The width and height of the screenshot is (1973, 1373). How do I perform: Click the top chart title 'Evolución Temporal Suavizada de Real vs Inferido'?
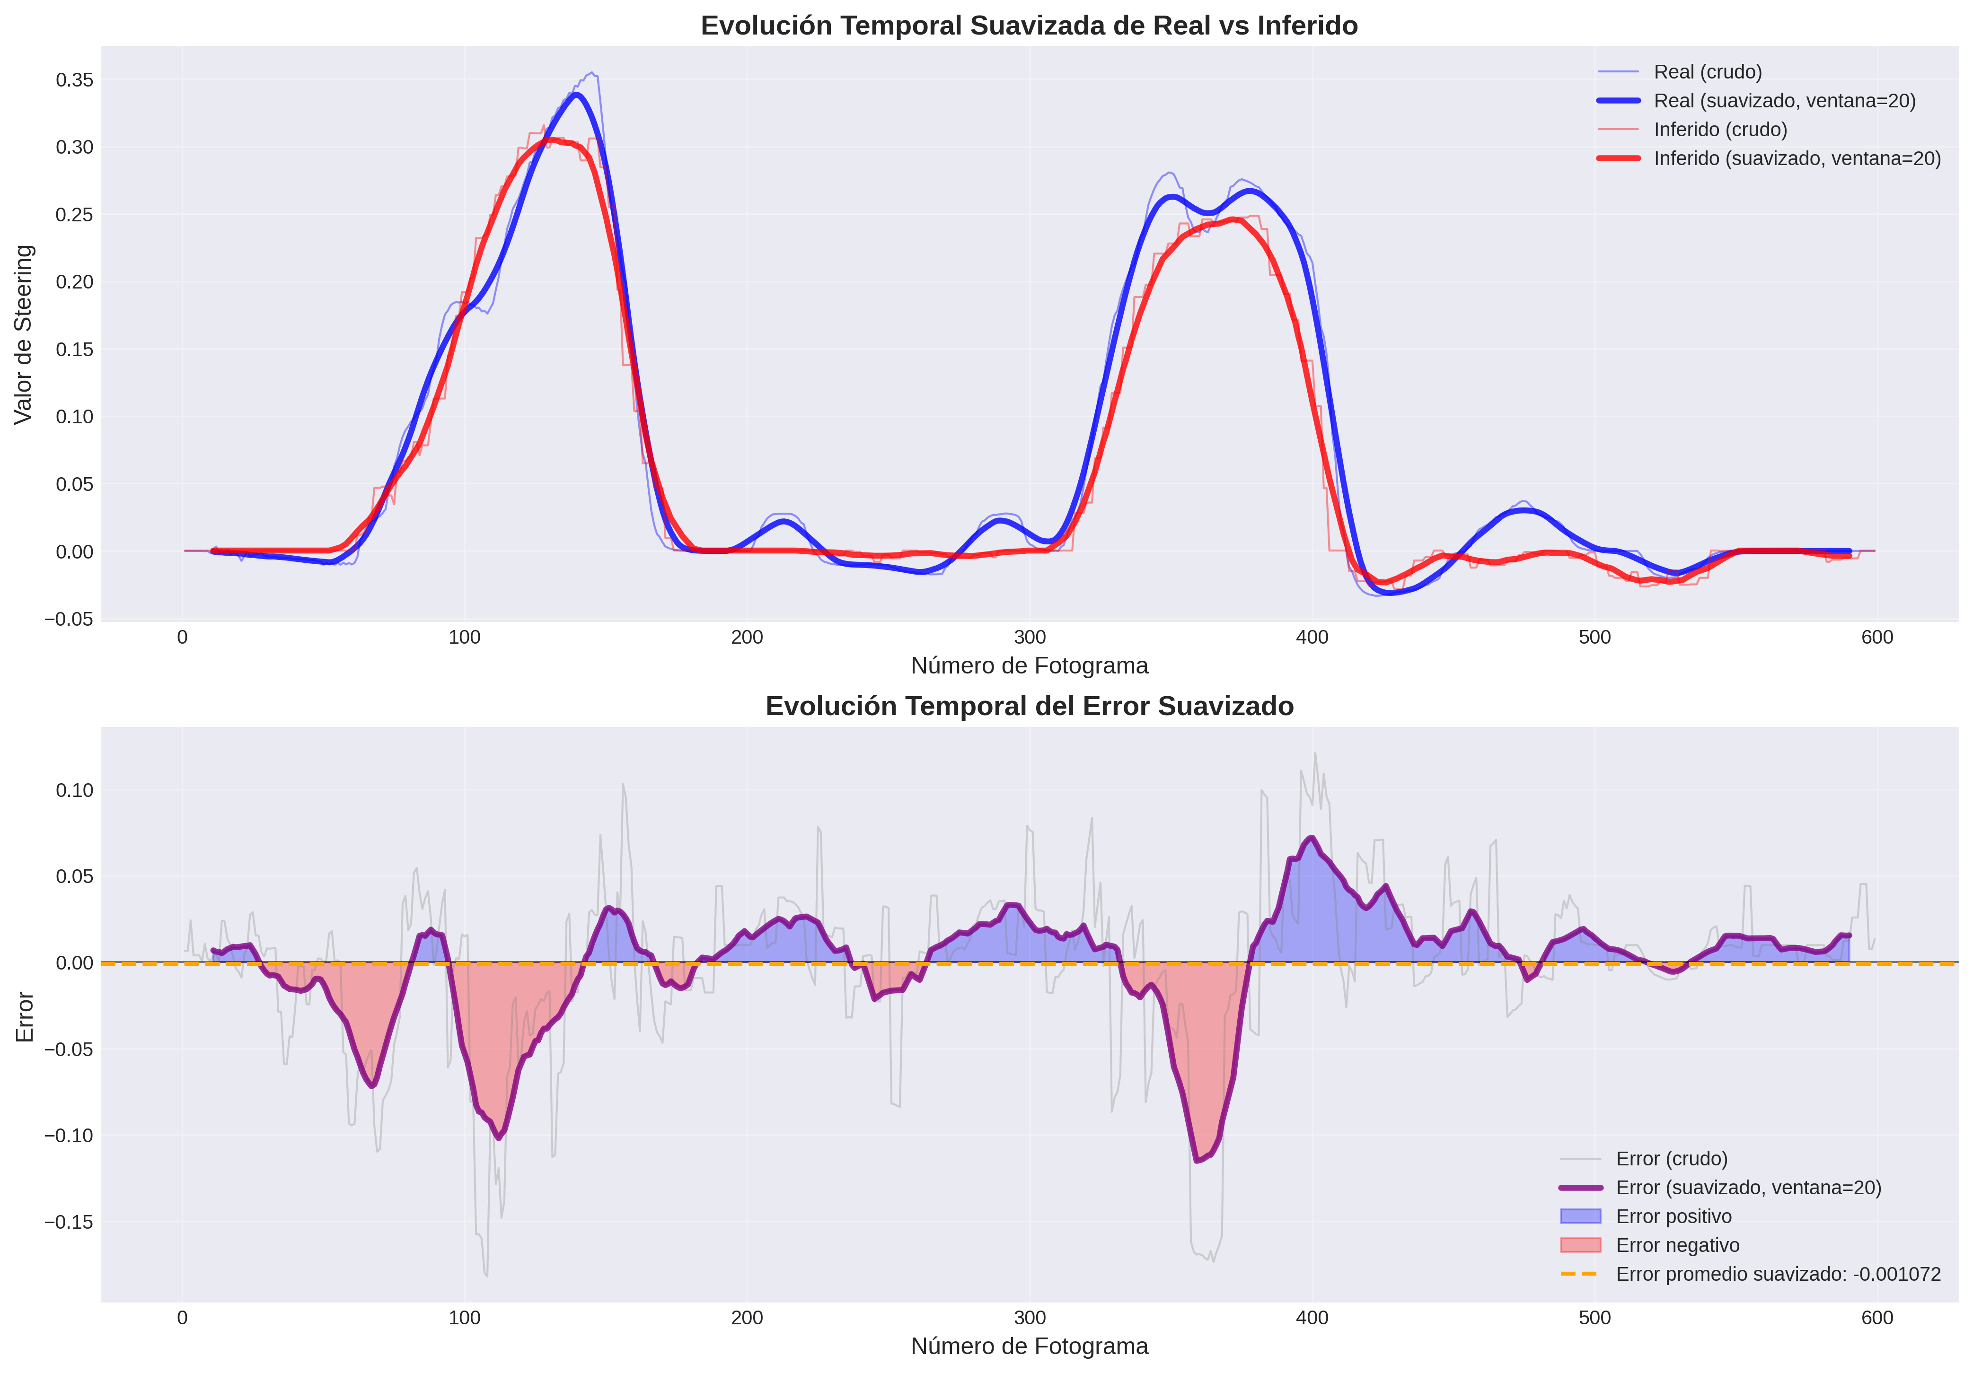(x=1029, y=26)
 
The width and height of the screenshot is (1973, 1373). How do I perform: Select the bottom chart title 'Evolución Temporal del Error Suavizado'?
(x=1029, y=706)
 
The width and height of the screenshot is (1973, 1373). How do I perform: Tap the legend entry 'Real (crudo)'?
(x=1707, y=72)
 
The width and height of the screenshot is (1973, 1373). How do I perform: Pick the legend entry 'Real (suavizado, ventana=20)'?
(x=1784, y=101)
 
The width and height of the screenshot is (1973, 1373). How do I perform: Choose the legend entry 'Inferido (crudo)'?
(x=1719, y=130)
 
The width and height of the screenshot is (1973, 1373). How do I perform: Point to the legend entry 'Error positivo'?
(x=1673, y=1216)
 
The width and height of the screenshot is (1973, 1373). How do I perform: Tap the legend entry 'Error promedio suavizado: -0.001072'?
(x=1777, y=1274)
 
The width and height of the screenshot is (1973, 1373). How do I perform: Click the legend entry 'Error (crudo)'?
(x=1671, y=1159)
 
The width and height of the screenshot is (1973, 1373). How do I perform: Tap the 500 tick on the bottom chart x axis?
(x=1594, y=1318)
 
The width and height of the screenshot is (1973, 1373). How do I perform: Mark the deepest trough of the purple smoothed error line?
(x=1197, y=1160)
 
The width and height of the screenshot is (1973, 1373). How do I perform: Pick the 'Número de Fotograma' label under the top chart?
(x=1029, y=666)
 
